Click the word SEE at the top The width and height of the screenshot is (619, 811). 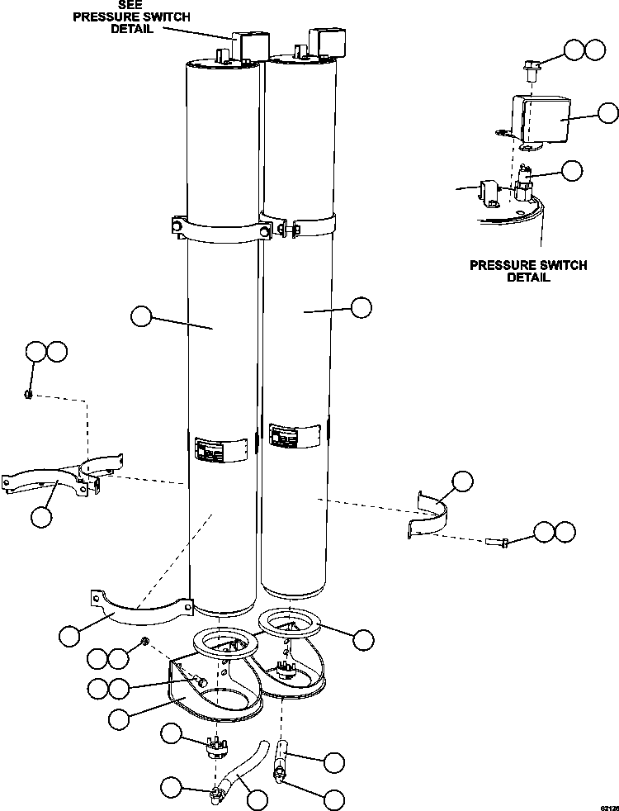tap(130, 5)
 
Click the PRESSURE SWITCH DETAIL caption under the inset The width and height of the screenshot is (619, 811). tap(528, 272)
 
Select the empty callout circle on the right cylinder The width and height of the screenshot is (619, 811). tap(361, 307)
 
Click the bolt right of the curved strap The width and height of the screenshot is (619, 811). tap(498, 542)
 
